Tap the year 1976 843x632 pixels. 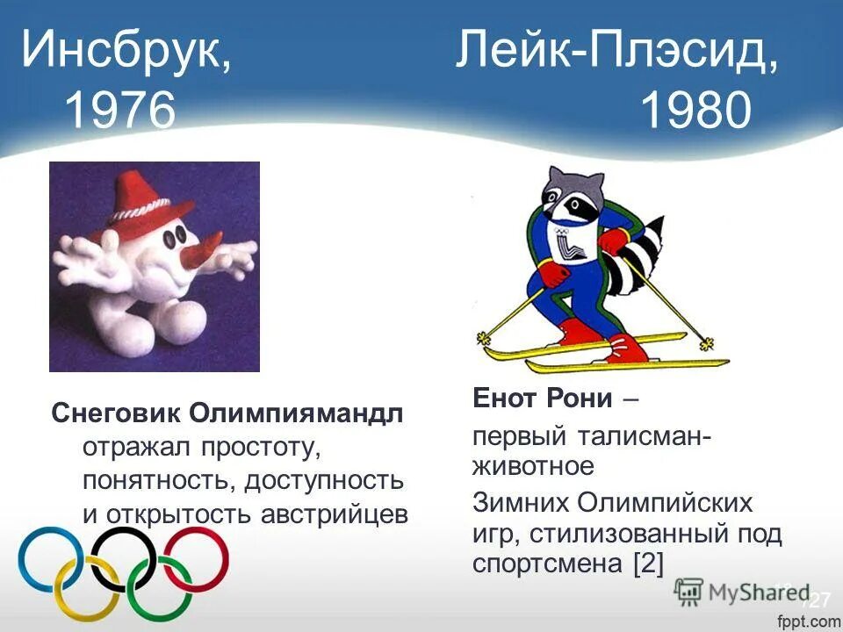pos(119,111)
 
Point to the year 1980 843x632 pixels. pos(695,111)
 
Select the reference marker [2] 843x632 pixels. pos(647,562)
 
